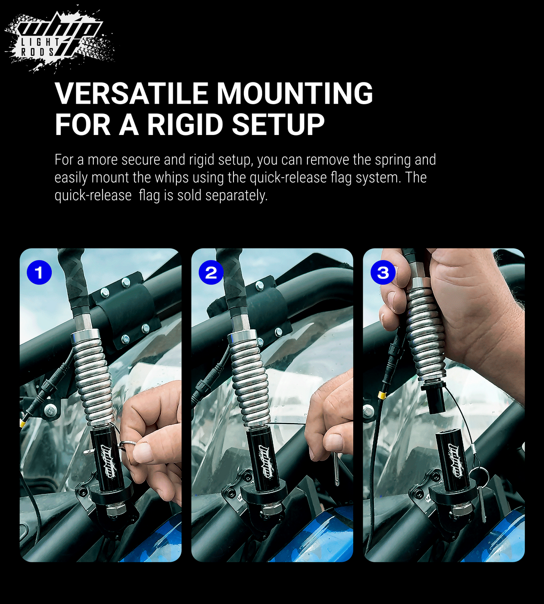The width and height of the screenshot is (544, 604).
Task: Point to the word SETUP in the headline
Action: tap(278, 124)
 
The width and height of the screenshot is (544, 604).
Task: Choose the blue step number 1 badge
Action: tap(39, 272)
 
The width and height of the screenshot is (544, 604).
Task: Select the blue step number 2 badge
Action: tap(211, 272)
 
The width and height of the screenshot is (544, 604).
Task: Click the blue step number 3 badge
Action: tap(383, 272)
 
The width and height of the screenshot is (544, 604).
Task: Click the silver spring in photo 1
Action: tap(92, 378)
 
